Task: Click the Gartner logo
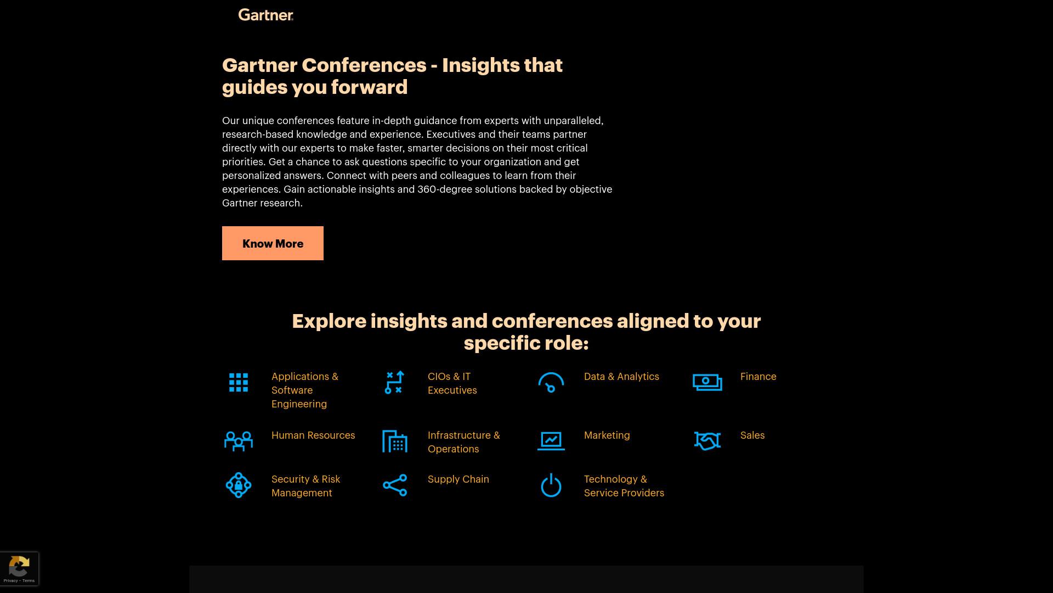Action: click(x=266, y=15)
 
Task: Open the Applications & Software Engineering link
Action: click(x=305, y=390)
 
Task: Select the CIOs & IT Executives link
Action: click(x=452, y=383)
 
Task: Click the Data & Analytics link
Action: click(x=621, y=377)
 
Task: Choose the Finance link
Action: click(x=758, y=377)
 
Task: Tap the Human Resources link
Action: click(x=313, y=435)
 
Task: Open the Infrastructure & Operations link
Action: click(x=464, y=442)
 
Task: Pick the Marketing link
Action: click(x=607, y=435)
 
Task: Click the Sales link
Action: click(x=752, y=435)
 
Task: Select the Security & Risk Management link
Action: click(x=306, y=486)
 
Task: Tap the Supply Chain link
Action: click(x=458, y=479)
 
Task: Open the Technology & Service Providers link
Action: click(x=624, y=486)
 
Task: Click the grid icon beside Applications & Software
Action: click(x=239, y=383)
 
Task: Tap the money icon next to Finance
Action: click(x=707, y=383)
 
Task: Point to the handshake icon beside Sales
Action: click(x=707, y=441)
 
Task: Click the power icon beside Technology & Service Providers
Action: click(x=551, y=485)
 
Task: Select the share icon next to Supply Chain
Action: click(x=395, y=485)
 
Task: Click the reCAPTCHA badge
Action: click(x=19, y=569)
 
